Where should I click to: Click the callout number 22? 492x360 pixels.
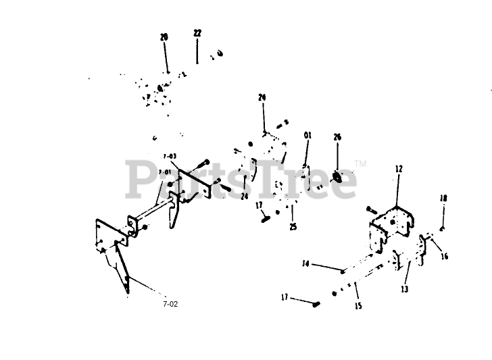pyautogui.click(x=197, y=32)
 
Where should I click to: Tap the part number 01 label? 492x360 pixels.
pyautogui.click(x=307, y=136)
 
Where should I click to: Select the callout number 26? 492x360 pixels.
pyautogui.click(x=337, y=137)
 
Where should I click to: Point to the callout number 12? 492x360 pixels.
pyautogui.click(x=399, y=170)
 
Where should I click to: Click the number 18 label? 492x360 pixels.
pyautogui.click(x=443, y=198)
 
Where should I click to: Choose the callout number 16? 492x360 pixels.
pyautogui.click(x=444, y=256)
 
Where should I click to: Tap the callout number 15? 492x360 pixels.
pyautogui.click(x=358, y=306)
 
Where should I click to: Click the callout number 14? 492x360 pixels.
pyautogui.click(x=305, y=263)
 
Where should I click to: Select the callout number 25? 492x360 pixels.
pyautogui.click(x=293, y=227)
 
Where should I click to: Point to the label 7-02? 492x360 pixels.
pyautogui.click(x=170, y=304)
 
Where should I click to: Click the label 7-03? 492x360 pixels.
pyautogui.click(x=170, y=156)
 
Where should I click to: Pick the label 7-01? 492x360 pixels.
pyautogui.click(x=164, y=172)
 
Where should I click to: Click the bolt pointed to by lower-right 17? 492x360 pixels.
pyautogui.click(x=316, y=306)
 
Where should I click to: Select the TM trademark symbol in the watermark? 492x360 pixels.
pyautogui.click(x=360, y=163)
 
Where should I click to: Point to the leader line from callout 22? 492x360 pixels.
pyautogui.click(x=197, y=51)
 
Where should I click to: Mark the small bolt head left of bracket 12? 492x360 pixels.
pyautogui.click(x=370, y=207)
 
